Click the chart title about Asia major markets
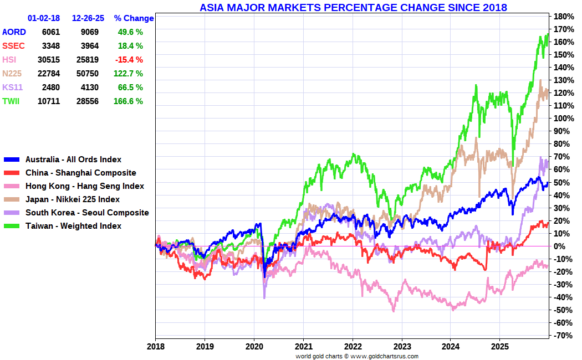click(353, 7)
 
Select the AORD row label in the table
click(14, 32)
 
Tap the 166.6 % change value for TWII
click(130, 101)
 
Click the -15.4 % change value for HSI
click(130, 60)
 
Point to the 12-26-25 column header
click(88, 18)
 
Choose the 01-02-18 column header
click(44, 18)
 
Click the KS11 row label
click(12, 88)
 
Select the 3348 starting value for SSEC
click(50, 46)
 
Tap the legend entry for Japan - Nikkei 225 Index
click(72, 199)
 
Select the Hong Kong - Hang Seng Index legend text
click(84, 186)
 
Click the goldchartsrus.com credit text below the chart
click(357, 356)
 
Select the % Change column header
click(134, 18)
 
